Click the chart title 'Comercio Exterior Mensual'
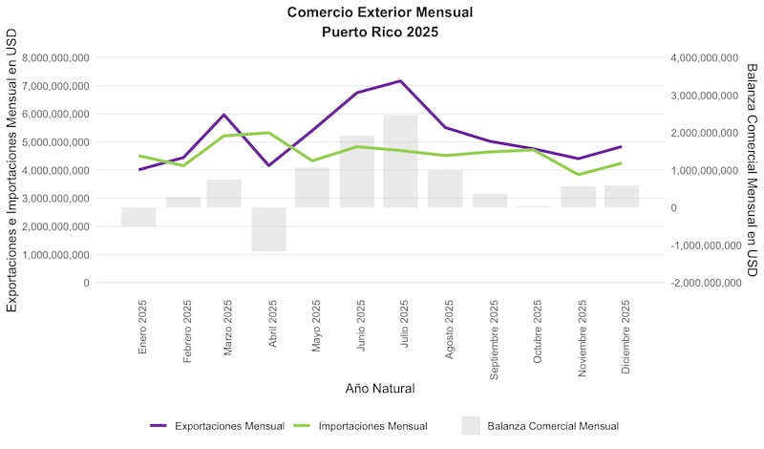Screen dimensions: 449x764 [x=380, y=12]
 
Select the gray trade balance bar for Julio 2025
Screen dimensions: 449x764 [x=400, y=160]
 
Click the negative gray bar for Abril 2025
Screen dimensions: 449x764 [x=269, y=229]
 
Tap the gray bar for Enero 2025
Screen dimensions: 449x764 [x=138, y=217]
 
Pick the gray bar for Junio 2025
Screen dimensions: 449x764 [x=356, y=172]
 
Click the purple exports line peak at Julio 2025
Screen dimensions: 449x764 [x=400, y=81]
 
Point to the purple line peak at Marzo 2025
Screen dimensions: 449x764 [x=224, y=115]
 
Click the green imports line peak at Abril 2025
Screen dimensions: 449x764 [x=269, y=133]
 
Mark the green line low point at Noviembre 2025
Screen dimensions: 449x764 [x=577, y=174]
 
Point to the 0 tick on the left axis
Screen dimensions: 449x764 [x=86, y=283]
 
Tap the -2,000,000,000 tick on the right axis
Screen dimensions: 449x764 [x=706, y=283]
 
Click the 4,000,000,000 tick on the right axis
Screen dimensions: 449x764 [x=706, y=57]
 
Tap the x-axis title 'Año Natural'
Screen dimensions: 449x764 [x=379, y=389]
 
